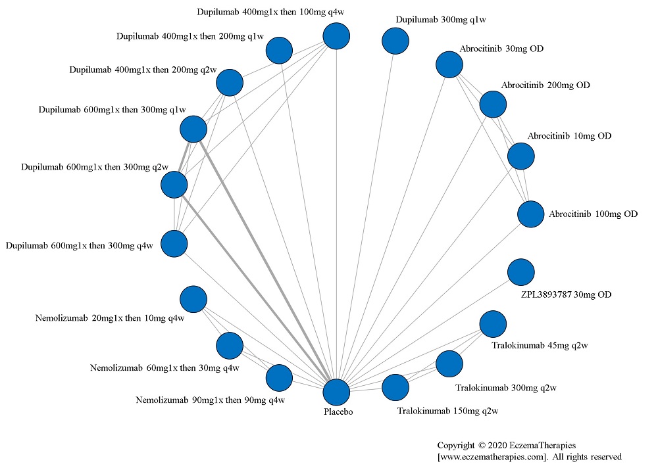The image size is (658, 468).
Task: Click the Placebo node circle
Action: click(336, 392)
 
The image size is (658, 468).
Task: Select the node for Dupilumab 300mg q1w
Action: click(395, 41)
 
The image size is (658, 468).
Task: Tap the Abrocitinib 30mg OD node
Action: click(449, 64)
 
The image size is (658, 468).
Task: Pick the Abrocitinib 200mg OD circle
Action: click(493, 104)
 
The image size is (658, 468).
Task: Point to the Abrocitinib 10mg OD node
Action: click(520, 156)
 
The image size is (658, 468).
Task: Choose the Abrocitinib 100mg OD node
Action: click(530, 214)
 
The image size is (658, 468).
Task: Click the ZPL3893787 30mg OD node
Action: click(521, 271)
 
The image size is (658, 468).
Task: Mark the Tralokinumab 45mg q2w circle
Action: click(493, 323)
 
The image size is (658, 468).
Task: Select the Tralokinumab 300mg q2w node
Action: click(449, 363)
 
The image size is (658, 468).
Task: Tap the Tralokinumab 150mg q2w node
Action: click(395, 387)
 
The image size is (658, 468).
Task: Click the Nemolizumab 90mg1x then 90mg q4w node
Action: click(278, 378)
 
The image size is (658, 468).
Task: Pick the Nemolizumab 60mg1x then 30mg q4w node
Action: click(229, 346)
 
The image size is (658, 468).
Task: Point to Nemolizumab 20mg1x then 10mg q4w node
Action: click(193, 299)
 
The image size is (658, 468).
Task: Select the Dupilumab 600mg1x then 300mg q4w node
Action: click(174, 244)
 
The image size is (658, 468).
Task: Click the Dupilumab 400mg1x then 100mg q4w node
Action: click(336, 36)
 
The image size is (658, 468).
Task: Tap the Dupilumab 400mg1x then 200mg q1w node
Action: click(278, 50)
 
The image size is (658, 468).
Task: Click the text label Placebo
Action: click(338, 412)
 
